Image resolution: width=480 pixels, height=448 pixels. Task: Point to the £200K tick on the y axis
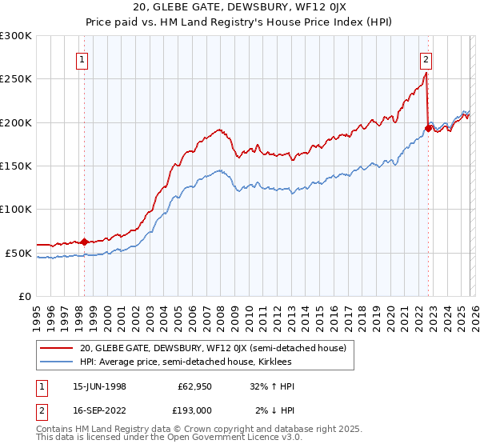[16, 122]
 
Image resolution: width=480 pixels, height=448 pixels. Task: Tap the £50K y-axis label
[18, 253]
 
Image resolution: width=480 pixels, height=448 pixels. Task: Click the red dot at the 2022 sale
[429, 128]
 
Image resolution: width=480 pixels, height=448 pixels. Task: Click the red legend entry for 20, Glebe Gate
[212, 348]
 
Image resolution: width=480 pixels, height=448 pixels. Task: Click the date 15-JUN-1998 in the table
[99, 386]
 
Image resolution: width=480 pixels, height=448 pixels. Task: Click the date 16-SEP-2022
[99, 410]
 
